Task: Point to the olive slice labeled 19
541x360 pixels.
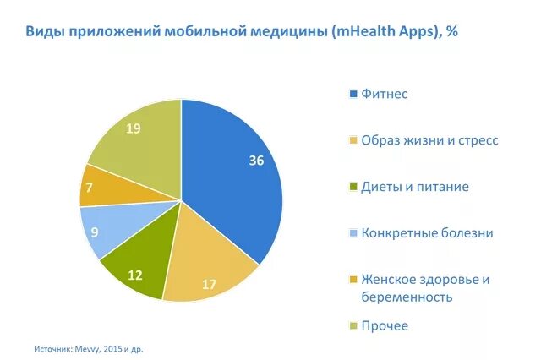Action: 135,139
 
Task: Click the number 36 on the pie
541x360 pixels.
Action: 257,161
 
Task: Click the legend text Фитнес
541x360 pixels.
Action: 384,94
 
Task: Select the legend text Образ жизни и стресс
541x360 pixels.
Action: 429,140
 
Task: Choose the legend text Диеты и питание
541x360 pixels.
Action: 414,187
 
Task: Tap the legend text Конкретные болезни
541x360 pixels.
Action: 426,233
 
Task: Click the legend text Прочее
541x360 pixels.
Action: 385,326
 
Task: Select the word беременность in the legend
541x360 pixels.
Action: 406,297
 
